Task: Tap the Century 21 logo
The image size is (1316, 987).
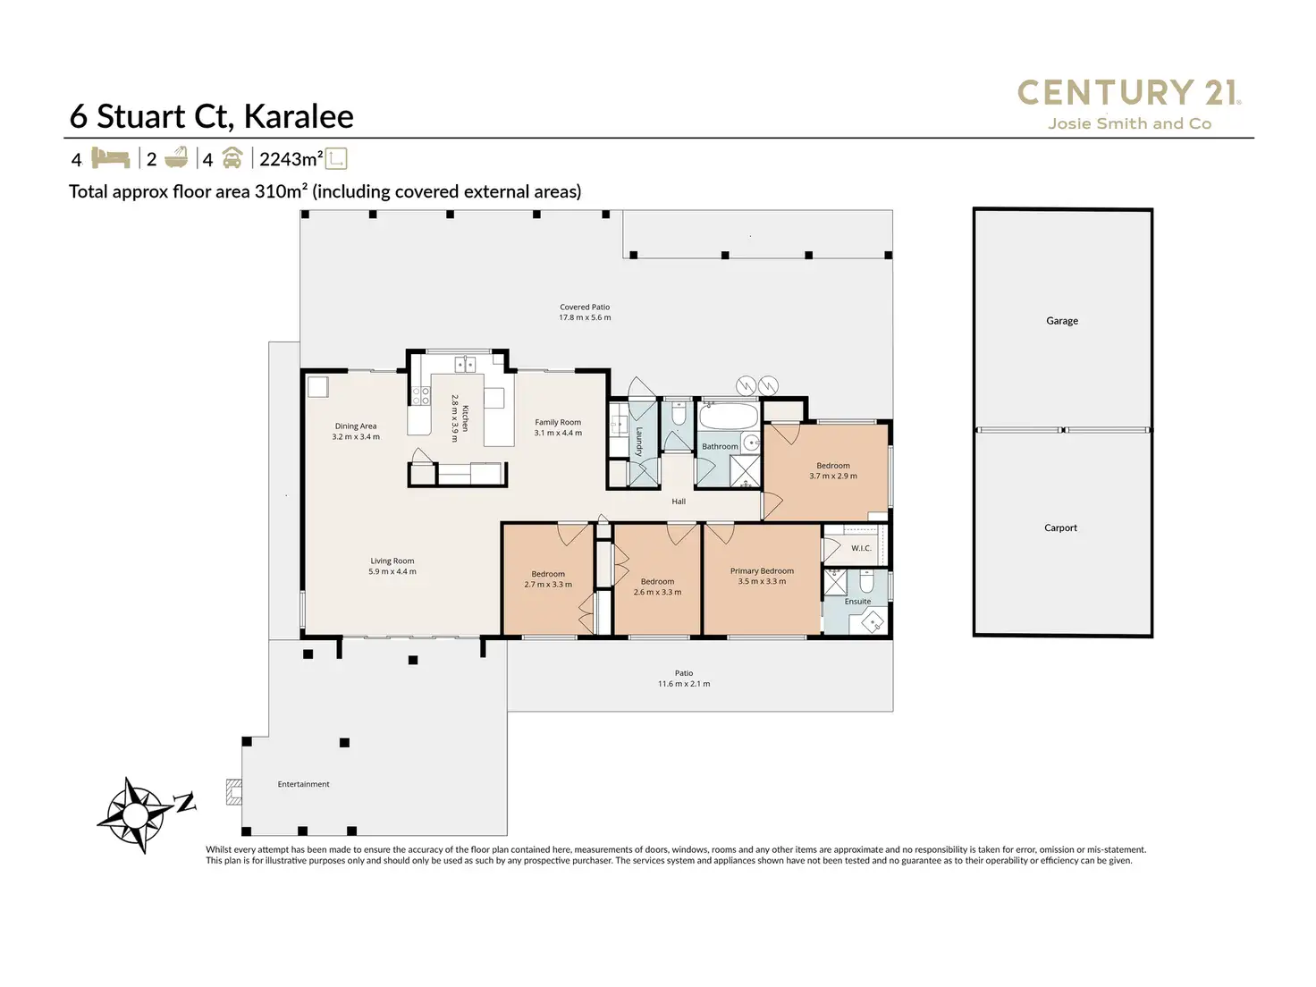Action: click(1129, 104)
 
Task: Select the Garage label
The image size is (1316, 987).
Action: click(1062, 321)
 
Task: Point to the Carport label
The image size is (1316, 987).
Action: click(1060, 528)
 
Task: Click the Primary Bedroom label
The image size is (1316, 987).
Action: click(762, 571)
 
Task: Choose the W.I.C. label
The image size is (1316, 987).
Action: click(860, 548)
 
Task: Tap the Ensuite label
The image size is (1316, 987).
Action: click(857, 602)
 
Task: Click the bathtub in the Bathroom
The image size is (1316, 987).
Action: click(727, 417)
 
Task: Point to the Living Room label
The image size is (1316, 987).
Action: click(392, 561)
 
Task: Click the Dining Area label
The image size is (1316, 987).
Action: click(356, 426)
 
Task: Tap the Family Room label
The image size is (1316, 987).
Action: click(558, 423)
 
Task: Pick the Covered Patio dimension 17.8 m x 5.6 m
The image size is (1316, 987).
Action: click(585, 317)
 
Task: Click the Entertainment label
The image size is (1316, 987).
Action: click(303, 784)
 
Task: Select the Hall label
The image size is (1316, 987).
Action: click(679, 502)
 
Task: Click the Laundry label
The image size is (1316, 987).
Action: click(639, 442)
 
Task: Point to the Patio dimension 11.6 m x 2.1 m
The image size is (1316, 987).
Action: click(684, 684)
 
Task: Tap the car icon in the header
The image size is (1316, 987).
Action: click(232, 158)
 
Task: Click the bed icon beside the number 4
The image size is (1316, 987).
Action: click(111, 158)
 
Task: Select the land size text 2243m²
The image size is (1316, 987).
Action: click(291, 159)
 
